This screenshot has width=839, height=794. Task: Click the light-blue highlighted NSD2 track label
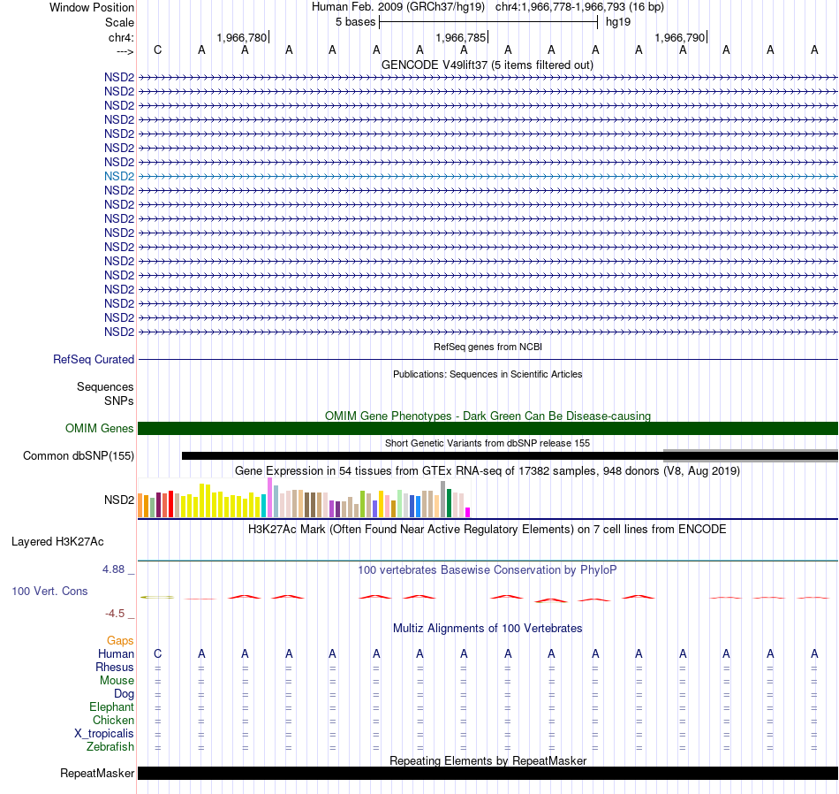point(119,176)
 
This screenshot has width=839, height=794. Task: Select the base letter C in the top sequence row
point(157,50)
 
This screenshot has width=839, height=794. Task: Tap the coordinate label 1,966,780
point(241,37)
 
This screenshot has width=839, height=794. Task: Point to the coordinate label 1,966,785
point(461,37)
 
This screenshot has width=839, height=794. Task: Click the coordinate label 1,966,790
point(679,37)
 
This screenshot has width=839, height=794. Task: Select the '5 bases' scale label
point(355,22)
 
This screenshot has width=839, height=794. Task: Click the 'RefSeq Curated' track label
point(94,360)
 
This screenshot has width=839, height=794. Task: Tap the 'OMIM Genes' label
point(100,428)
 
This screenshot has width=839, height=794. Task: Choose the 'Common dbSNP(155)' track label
point(79,456)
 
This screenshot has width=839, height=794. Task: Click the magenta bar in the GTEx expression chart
point(468,512)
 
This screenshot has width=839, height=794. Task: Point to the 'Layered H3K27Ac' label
point(57,542)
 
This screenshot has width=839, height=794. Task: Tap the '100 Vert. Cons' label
point(49,591)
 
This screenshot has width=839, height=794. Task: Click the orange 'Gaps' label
point(120,641)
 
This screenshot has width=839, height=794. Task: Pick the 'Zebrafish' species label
point(110,747)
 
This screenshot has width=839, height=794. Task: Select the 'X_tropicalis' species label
point(104,734)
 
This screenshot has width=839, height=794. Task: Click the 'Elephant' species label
point(111,707)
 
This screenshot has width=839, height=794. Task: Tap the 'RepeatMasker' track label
point(97,773)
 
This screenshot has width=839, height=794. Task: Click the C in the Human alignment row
point(157,653)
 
